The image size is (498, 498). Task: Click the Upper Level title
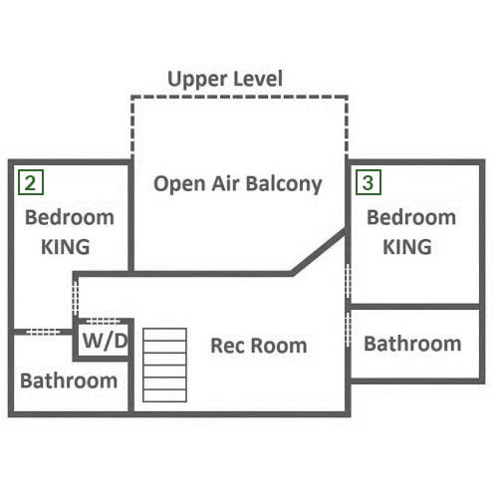pyautogui.click(x=225, y=79)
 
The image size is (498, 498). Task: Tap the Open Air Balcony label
pyautogui.click(x=238, y=184)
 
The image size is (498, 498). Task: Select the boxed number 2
pyautogui.click(x=31, y=182)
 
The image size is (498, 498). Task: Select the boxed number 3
pyautogui.click(x=369, y=182)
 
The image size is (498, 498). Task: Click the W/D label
pyautogui.click(x=105, y=341)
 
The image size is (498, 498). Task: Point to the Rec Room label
pyautogui.click(x=259, y=346)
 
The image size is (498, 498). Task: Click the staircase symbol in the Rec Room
pyautogui.click(x=164, y=366)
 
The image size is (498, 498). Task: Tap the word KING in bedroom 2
pyautogui.click(x=66, y=247)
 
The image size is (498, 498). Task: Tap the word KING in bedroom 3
pyautogui.click(x=407, y=247)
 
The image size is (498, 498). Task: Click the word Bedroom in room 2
pyautogui.click(x=70, y=217)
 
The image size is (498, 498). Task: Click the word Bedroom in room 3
pyautogui.click(x=411, y=217)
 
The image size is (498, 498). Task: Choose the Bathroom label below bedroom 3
pyautogui.click(x=412, y=344)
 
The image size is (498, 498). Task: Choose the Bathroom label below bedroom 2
pyautogui.click(x=69, y=380)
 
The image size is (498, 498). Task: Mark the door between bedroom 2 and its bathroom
pyautogui.click(x=43, y=332)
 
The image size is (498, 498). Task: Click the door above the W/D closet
pyautogui.click(x=104, y=321)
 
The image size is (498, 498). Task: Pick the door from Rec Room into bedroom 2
pyautogui.click(x=76, y=298)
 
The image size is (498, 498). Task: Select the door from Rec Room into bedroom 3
pyautogui.click(x=348, y=281)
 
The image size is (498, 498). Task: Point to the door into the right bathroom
pyautogui.click(x=348, y=330)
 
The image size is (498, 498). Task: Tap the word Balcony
pyautogui.click(x=284, y=184)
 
